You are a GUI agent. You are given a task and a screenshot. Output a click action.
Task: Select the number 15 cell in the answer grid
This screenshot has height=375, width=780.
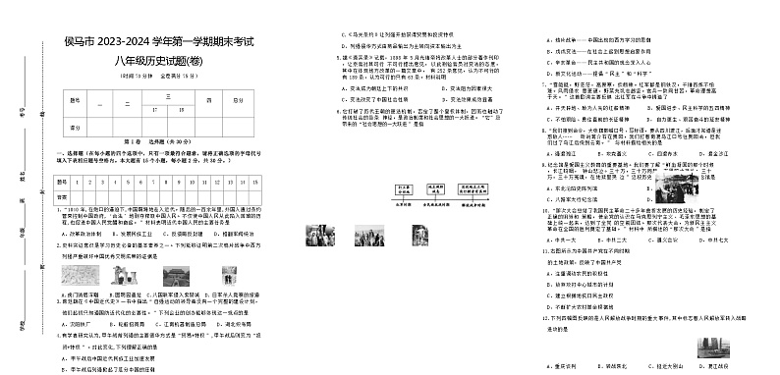[255, 182]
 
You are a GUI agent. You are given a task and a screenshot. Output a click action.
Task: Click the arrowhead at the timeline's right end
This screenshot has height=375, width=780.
[492, 203]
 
